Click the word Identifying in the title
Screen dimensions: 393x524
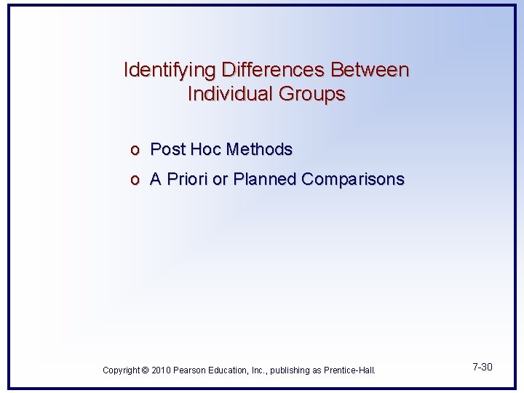point(170,71)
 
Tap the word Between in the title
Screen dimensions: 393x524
point(370,71)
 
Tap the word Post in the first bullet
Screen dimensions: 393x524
point(167,150)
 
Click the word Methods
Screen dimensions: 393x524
point(259,150)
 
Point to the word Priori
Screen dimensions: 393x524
point(187,179)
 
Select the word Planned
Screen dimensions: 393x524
point(265,179)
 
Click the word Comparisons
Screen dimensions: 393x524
point(353,179)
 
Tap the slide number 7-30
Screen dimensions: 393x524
point(481,367)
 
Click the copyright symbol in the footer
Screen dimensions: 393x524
point(143,370)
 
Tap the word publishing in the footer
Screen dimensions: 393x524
point(293,370)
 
